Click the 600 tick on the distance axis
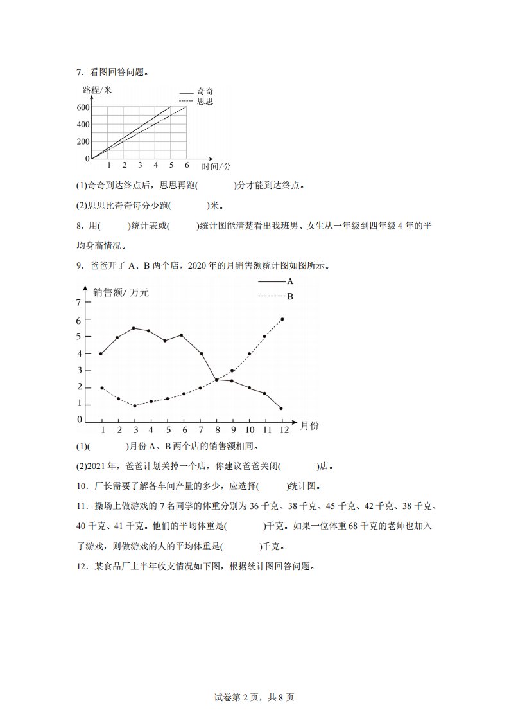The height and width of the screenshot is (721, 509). point(83,107)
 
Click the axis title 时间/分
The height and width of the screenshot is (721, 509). point(216,167)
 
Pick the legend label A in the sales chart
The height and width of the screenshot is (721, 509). point(290,281)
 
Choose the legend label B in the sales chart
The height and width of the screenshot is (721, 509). point(290,296)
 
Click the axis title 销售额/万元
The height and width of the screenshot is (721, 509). point(121,293)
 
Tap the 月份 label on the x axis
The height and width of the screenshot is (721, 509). point(309,425)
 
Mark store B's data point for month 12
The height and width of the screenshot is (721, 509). point(282,319)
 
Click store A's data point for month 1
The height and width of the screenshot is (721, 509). point(101,353)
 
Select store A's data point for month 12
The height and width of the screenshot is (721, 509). point(281,408)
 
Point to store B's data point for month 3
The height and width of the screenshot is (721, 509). point(134,405)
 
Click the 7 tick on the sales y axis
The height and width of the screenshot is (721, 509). point(79,302)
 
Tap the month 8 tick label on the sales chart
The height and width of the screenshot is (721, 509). point(217,430)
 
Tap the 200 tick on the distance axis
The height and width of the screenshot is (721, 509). point(83,141)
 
